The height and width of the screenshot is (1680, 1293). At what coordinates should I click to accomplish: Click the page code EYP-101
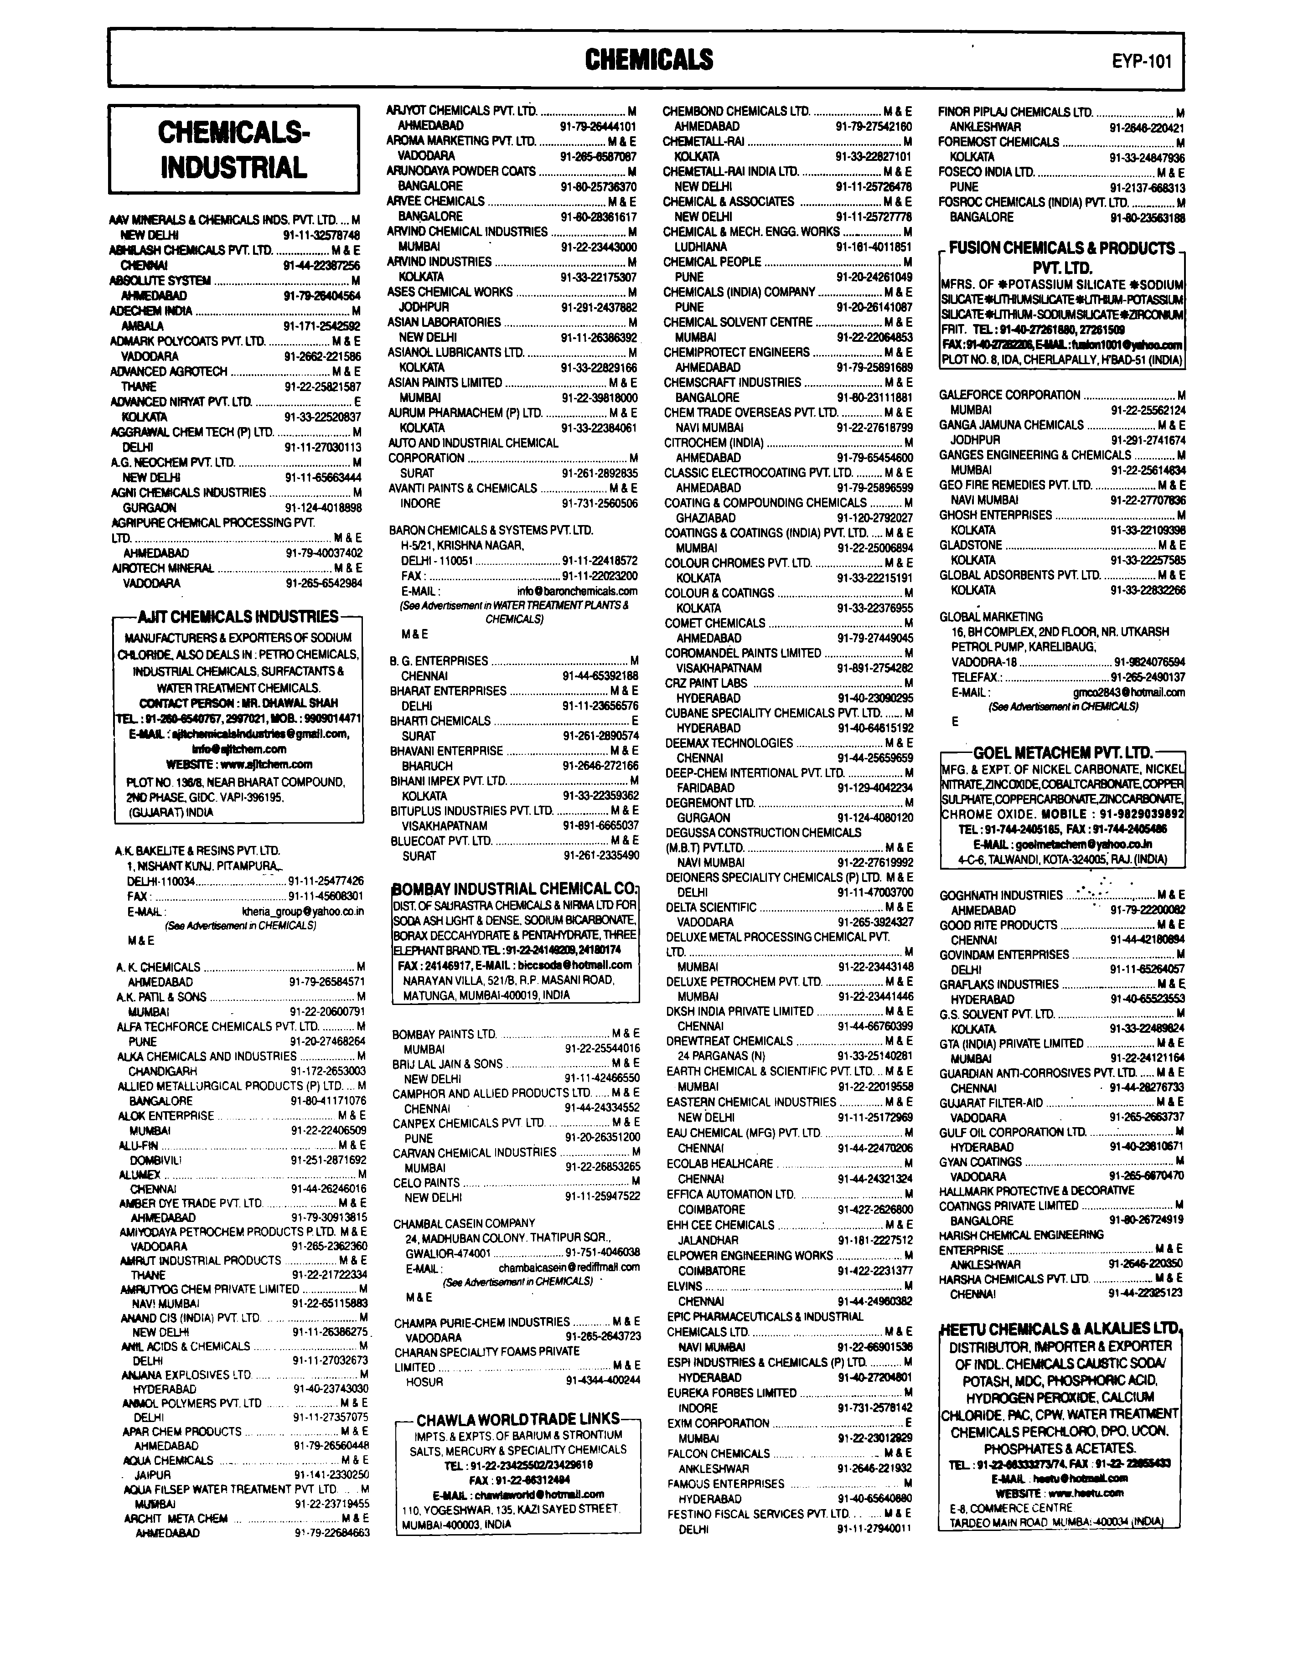click(x=1141, y=61)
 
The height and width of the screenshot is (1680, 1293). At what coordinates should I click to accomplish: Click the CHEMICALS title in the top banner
click(x=648, y=59)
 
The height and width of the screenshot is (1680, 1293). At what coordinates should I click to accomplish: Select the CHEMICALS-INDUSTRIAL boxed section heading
click(x=233, y=149)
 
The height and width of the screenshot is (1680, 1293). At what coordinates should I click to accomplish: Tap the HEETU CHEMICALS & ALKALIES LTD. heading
click(x=1060, y=1329)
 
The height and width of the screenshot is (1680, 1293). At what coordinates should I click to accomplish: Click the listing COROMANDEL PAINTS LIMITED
click(x=743, y=653)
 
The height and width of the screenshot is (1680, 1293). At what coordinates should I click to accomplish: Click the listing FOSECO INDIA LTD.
click(x=985, y=172)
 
